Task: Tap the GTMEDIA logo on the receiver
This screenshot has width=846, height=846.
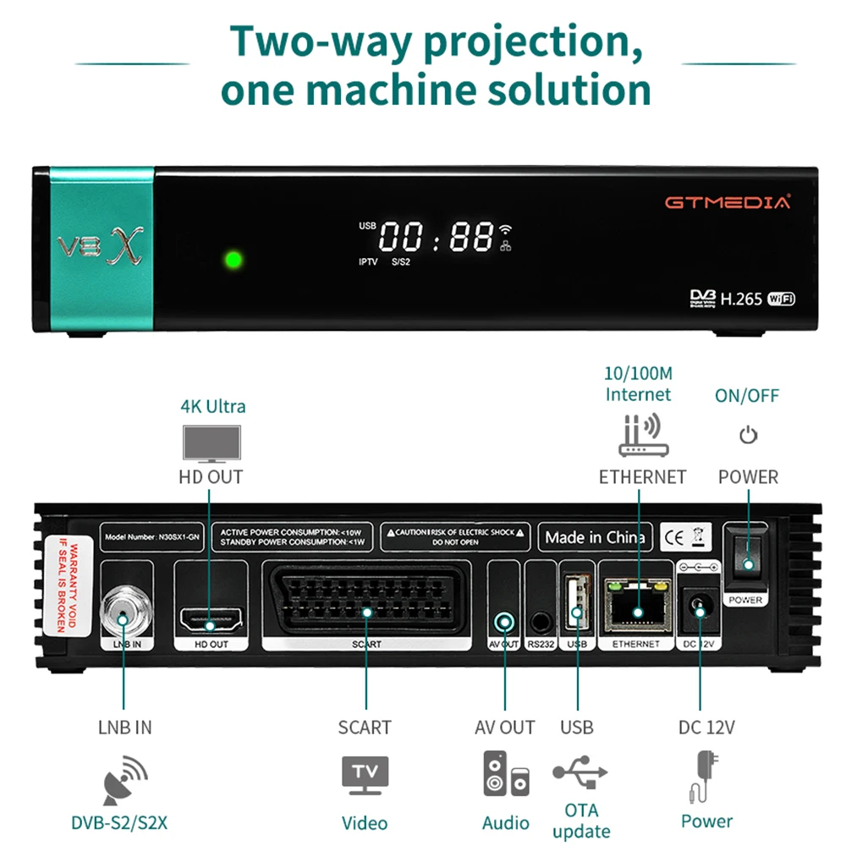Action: [x=727, y=202]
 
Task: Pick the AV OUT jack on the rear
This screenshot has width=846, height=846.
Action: [x=505, y=622]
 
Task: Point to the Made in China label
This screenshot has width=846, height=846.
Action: [x=595, y=537]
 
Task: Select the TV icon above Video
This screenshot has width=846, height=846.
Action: [x=365, y=774]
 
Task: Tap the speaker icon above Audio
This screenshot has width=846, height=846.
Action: [x=506, y=773]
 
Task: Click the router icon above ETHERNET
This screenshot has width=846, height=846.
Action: [x=643, y=437]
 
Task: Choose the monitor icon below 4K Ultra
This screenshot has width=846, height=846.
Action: [x=211, y=442]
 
